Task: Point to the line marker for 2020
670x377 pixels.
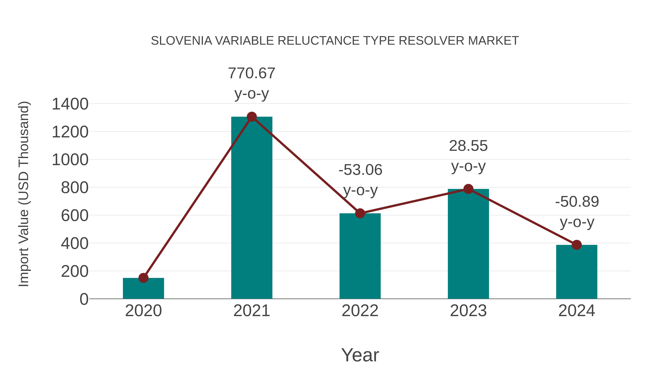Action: click(143, 278)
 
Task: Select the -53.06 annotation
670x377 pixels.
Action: click(360, 170)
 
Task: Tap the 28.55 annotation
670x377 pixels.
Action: click(468, 146)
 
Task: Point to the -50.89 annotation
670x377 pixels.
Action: click(577, 202)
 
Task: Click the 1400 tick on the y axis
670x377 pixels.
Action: click(70, 104)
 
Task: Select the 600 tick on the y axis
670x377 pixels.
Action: click(75, 216)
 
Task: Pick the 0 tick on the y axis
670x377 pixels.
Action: click(84, 299)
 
